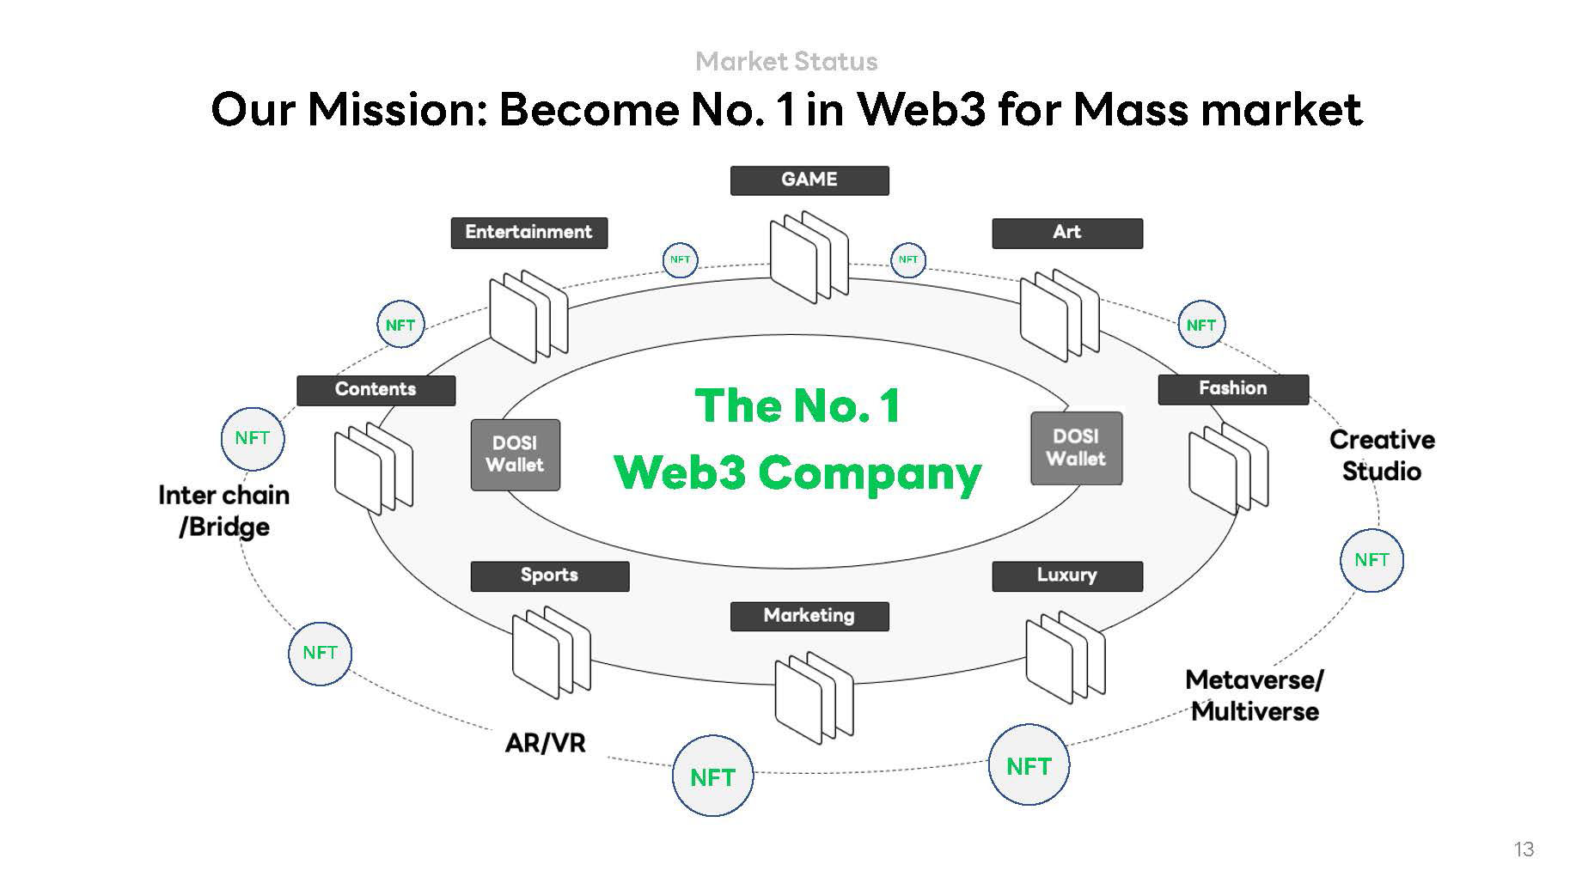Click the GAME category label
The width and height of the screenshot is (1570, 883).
click(809, 180)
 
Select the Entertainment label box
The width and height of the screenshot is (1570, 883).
click(528, 233)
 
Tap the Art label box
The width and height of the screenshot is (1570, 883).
click(1066, 233)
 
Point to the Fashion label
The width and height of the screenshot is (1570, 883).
click(1232, 389)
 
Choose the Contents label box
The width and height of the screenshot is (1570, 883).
click(376, 390)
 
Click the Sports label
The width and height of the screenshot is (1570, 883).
click(549, 575)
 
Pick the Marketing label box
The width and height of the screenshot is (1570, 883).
click(809, 616)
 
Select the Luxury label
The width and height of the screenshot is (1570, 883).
click(1066, 575)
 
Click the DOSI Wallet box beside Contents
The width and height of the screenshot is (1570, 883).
click(515, 454)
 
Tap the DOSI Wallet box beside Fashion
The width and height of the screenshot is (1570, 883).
click(1076, 448)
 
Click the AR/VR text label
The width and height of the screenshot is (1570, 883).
click(545, 743)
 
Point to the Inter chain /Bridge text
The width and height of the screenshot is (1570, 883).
click(224, 511)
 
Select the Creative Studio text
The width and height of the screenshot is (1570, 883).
click(1382, 455)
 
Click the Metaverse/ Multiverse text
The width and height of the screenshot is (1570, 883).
click(1255, 696)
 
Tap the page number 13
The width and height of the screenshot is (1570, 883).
click(1524, 850)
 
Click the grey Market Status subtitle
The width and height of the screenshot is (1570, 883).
click(786, 62)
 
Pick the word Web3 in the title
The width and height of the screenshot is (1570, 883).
click(921, 110)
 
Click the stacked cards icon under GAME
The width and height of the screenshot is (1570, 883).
click(809, 256)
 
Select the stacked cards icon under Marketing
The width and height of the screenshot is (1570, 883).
click(813, 697)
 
